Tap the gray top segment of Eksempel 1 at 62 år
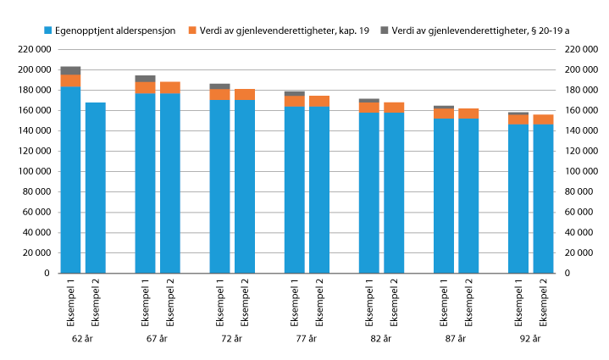(x=70, y=70)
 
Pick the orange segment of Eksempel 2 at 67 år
(x=170, y=87)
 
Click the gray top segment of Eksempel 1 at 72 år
(x=220, y=86)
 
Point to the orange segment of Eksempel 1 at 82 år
(x=369, y=108)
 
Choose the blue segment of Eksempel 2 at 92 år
(x=543, y=199)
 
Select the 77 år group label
(x=306, y=339)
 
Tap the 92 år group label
(x=530, y=339)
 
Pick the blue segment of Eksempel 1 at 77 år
(x=295, y=190)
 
